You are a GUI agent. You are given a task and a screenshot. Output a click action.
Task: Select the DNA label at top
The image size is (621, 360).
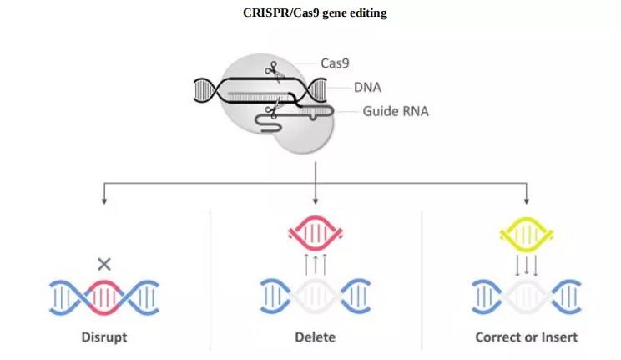[x=367, y=87]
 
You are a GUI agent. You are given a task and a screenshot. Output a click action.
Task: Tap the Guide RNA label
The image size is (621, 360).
[x=395, y=111]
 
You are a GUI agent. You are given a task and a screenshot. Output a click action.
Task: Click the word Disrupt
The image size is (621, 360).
[x=104, y=337]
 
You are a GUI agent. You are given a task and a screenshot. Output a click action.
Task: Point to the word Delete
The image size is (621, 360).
[x=315, y=337]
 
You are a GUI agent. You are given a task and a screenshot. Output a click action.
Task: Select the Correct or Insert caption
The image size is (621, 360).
[x=526, y=337]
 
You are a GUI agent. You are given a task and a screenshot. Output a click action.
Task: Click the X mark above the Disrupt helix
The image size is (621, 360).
[x=104, y=264]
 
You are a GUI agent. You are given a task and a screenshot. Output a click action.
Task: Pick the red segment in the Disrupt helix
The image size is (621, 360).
[x=104, y=297]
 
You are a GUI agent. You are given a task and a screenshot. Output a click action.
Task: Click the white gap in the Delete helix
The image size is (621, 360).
[x=315, y=297]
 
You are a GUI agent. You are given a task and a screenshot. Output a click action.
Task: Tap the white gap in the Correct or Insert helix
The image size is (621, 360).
[x=526, y=297]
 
